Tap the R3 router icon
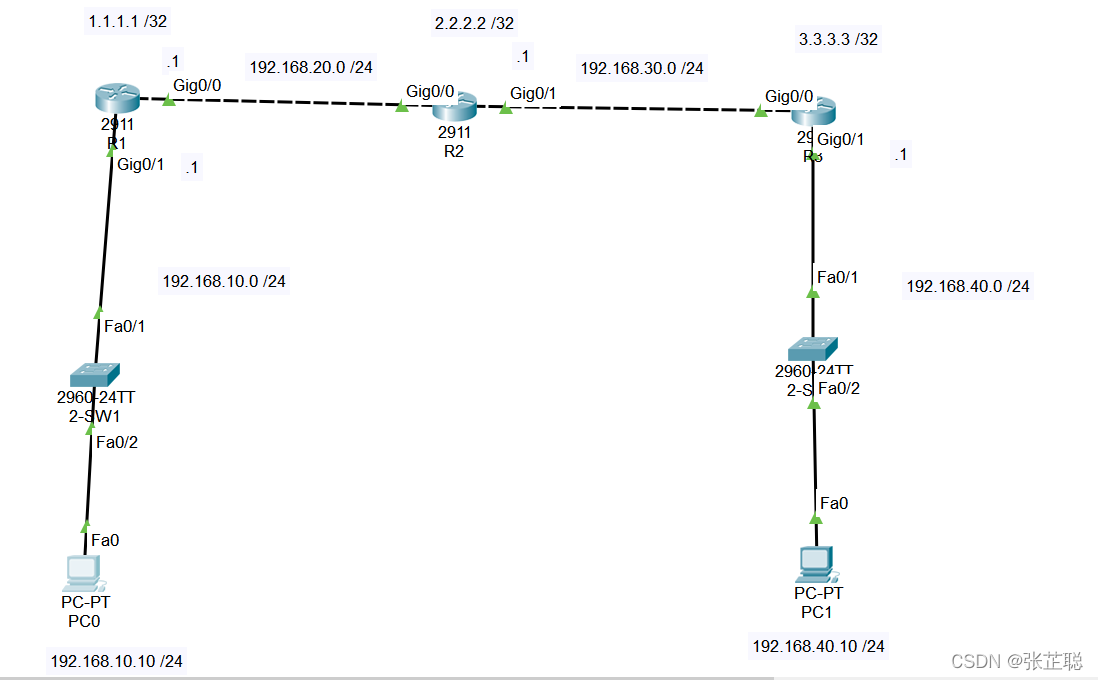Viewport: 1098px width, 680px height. (x=814, y=113)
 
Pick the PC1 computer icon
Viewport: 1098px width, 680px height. (x=815, y=564)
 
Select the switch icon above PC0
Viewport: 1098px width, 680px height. (x=95, y=375)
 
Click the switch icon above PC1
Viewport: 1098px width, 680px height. (x=813, y=349)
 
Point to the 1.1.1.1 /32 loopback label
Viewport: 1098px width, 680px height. (x=127, y=21)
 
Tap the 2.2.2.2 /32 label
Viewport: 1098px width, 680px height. (x=474, y=23)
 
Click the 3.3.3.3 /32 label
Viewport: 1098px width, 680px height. (x=838, y=40)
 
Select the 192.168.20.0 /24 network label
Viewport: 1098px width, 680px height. (x=311, y=67)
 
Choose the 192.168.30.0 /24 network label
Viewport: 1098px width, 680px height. (x=642, y=68)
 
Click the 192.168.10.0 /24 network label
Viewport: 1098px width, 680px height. (x=224, y=281)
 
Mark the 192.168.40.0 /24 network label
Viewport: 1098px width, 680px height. (x=967, y=286)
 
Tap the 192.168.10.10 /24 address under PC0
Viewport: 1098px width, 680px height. (x=117, y=660)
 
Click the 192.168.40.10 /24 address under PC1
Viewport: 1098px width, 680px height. (x=818, y=646)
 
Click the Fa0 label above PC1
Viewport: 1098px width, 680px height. (x=833, y=503)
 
